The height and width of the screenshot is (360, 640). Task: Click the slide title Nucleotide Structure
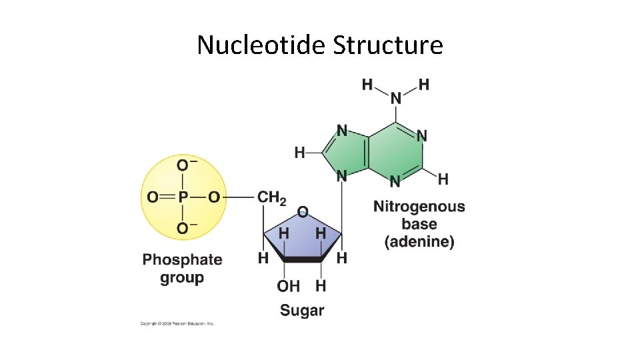tap(319, 45)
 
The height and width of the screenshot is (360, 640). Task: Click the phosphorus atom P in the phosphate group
tap(183, 197)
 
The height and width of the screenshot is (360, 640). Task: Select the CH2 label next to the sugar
tap(271, 198)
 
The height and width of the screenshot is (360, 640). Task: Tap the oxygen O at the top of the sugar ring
tap(303, 212)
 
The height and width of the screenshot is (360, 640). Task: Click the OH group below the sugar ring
tap(288, 286)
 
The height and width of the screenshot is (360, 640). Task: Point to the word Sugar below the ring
tap(302, 310)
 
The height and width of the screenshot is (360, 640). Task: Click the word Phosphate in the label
tap(182, 259)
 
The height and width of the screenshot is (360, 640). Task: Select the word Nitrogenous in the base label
tap(419, 207)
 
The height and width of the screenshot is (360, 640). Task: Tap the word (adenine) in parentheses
tap(419, 241)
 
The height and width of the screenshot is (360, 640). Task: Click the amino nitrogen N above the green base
tap(396, 99)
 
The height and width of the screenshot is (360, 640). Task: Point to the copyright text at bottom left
tap(177, 324)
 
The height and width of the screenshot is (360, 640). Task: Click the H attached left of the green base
tap(299, 153)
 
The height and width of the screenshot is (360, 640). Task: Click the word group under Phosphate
tap(182, 277)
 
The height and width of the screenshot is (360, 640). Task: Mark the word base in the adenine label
tap(419, 224)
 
